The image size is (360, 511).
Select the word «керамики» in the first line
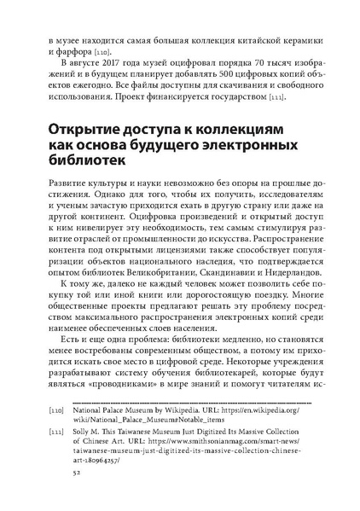[x=292, y=39]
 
